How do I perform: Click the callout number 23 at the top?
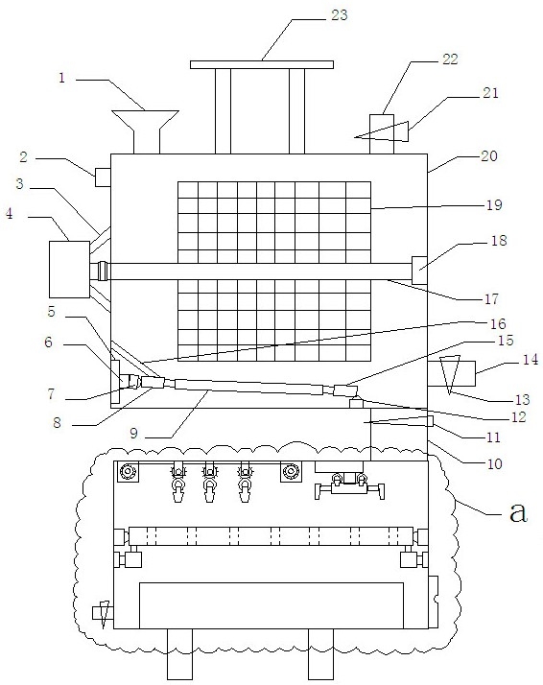coord(339,14)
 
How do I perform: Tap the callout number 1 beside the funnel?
coord(62,79)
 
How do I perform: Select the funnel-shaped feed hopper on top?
coord(145,131)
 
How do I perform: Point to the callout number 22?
coord(450,59)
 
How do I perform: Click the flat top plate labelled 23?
coord(262,64)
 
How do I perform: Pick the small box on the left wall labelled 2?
coord(103,177)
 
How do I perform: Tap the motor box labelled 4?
coord(69,269)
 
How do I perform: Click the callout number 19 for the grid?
coord(494,205)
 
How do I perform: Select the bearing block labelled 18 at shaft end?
coord(419,270)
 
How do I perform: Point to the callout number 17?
coord(491,298)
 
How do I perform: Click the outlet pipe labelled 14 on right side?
coord(451,373)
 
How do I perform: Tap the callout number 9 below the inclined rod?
coord(133,433)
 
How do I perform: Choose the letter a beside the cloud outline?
coord(518,511)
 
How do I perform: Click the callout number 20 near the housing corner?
coord(489,156)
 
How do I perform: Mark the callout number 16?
coord(498,323)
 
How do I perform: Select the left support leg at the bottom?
coord(179,654)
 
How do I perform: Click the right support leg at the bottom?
coord(321,654)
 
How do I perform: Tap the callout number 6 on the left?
coord(49,342)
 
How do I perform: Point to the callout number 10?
coord(494,463)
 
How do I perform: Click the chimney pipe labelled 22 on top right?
coord(382,134)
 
